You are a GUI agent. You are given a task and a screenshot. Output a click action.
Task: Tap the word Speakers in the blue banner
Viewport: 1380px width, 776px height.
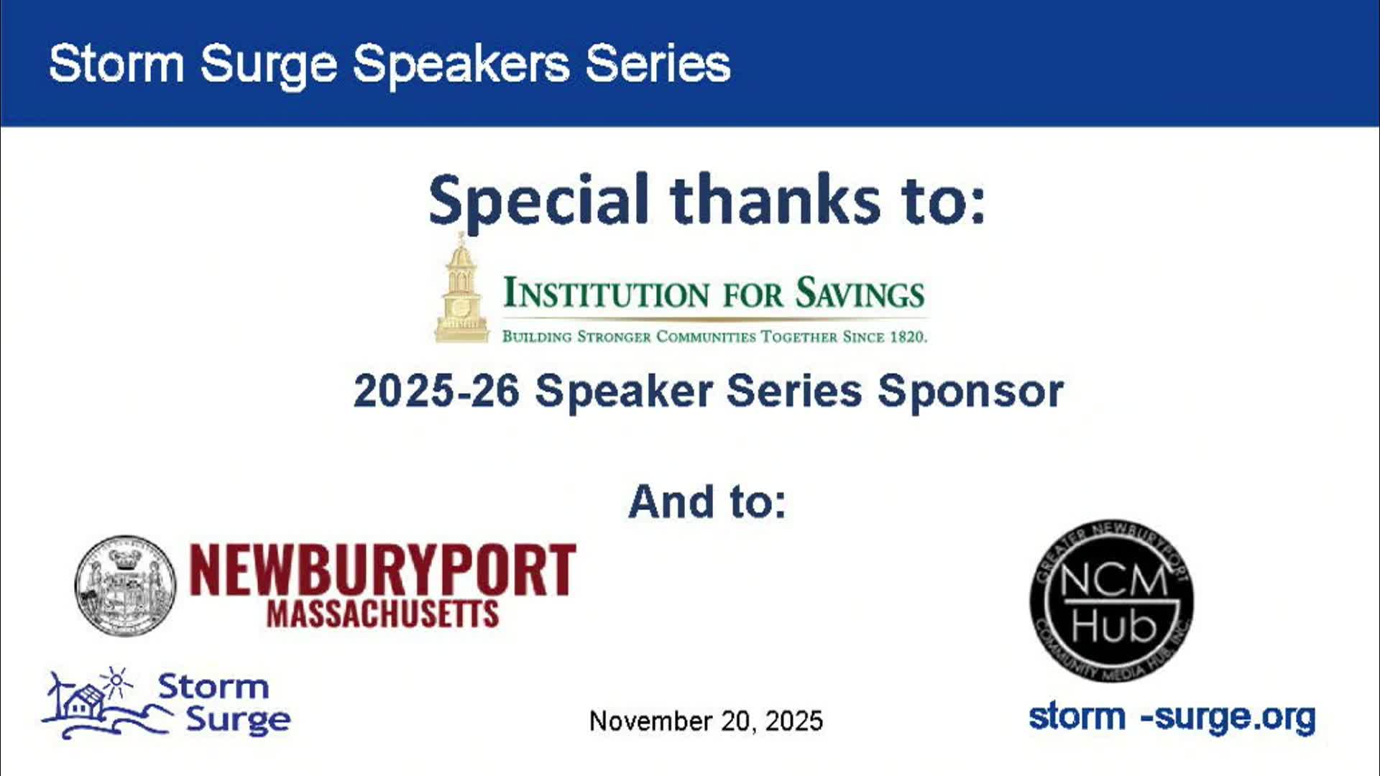click(460, 65)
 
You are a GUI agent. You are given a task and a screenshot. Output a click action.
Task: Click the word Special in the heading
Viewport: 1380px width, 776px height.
click(539, 200)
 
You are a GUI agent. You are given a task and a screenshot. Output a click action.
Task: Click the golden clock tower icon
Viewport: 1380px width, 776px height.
click(461, 291)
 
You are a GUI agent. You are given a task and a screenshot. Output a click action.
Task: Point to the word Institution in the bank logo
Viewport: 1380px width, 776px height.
click(607, 294)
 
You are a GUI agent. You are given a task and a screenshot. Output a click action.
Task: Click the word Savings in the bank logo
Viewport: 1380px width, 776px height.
click(860, 294)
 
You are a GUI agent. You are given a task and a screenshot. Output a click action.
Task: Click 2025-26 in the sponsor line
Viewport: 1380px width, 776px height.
click(436, 392)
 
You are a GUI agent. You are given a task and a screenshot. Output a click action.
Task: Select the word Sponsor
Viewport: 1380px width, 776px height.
click(970, 392)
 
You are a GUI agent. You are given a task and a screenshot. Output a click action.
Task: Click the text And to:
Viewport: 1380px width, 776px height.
click(707, 502)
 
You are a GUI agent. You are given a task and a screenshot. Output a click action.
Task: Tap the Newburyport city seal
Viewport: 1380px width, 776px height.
click(125, 585)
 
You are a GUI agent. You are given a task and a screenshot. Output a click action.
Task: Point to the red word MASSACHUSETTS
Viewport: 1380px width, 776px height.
click(382, 614)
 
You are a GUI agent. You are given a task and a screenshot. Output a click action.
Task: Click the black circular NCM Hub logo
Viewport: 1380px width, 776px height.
click(1112, 600)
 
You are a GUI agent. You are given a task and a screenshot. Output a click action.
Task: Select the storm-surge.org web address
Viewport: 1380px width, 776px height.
click(1172, 717)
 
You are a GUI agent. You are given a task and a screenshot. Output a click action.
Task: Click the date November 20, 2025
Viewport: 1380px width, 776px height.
click(706, 721)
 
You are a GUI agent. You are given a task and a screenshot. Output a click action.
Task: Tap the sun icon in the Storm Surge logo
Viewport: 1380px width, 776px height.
click(116, 680)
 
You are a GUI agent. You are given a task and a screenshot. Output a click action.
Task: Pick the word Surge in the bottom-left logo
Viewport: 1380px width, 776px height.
click(238, 719)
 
